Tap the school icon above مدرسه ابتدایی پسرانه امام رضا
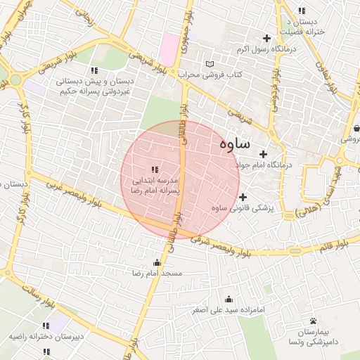(x=155, y=169)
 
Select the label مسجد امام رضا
(x=162, y=272)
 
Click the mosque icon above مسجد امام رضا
(x=156, y=262)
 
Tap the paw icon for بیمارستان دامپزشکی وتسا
(x=313, y=321)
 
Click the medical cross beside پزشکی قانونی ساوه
(x=243, y=198)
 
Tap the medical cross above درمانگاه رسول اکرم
(x=266, y=38)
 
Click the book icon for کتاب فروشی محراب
(x=209, y=65)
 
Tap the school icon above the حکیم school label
(x=94, y=70)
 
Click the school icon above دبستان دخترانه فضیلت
(x=302, y=11)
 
